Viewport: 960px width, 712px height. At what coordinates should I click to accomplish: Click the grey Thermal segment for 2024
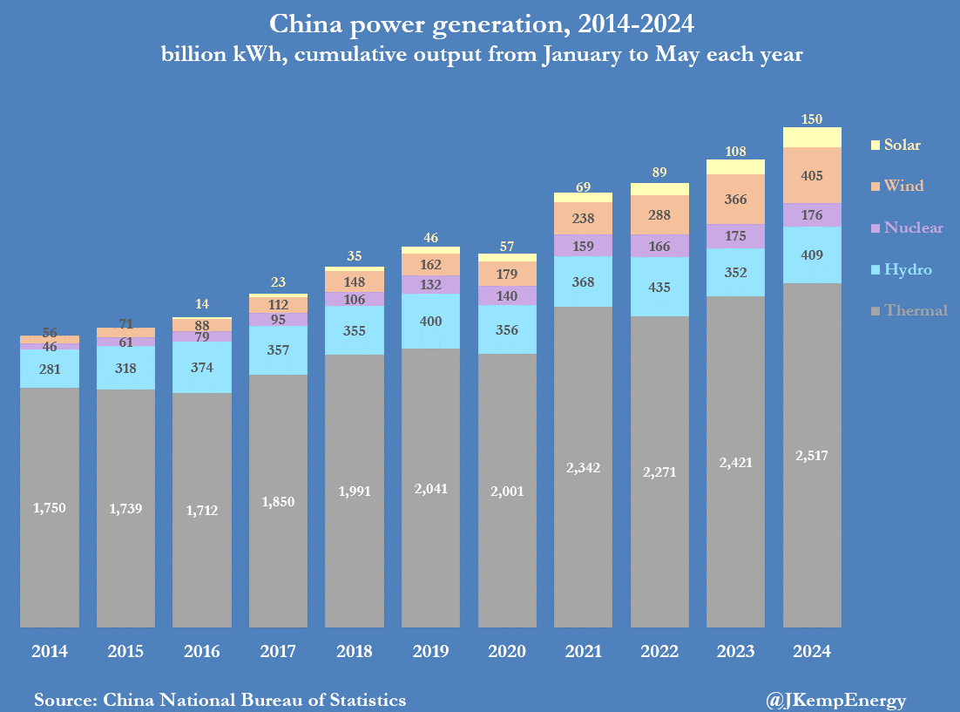click(x=812, y=454)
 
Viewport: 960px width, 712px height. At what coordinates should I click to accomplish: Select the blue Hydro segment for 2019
click(x=430, y=322)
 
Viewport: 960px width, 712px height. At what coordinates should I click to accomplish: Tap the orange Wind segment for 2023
click(x=735, y=200)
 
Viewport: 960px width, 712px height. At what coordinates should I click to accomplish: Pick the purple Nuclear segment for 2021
click(x=583, y=246)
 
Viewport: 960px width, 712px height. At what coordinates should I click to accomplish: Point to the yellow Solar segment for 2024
click(x=812, y=138)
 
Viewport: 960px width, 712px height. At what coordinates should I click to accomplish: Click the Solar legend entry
click(x=896, y=145)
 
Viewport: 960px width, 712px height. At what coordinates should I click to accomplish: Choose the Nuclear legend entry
click(x=906, y=227)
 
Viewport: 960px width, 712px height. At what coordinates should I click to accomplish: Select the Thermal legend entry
click(x=909, y=309)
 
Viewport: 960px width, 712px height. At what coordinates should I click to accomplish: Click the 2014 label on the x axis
click(x=49, y=652)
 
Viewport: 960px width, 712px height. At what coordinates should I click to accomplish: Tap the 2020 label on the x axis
click(x=507, y=652)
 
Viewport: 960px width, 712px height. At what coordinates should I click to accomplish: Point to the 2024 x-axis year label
click(x=812, y=652)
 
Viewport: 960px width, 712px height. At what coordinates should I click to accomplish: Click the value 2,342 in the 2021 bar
click(x=583, y=468)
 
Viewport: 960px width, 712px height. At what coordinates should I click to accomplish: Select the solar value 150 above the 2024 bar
click(x=812, y=119)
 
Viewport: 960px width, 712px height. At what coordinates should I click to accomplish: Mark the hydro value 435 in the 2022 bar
click(x=659, y=287)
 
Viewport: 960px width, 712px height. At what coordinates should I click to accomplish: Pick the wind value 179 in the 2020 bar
click(x=507, y=275)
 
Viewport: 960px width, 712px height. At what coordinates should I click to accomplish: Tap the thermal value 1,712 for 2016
click(x=201, y=511)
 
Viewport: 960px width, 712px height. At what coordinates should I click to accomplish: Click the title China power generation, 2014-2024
click(x=480, y=23)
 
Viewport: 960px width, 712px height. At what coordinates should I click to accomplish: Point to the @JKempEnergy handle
click(x=835, y=700)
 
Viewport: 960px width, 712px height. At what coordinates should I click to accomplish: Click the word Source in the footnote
click(x=65, y=700)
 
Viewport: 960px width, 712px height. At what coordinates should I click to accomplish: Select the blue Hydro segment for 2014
click(x=50, y=369)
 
